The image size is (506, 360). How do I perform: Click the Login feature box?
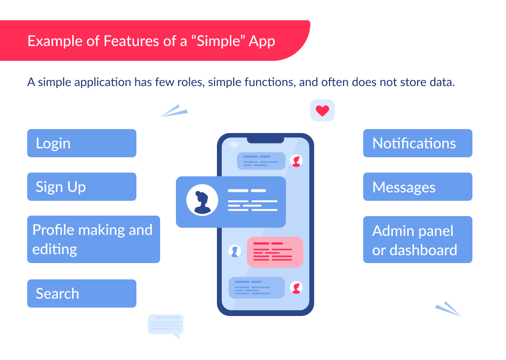(x=82, y=143)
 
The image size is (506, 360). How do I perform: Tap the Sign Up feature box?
(x=82, y=187)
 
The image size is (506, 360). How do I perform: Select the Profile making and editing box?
(x=93, y=239)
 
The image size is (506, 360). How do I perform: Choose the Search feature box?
(x=82, y=294)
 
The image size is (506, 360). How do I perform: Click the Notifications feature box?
(x=418, y=143)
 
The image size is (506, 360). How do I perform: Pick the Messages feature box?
(x=418, y=187)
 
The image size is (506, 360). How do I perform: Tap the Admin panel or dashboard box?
(x=418, y=240)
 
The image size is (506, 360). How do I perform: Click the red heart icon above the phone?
(x=322, y=111)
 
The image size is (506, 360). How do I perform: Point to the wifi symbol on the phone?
(x=234, y=144)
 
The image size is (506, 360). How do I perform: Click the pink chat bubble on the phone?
(x=275, y=252)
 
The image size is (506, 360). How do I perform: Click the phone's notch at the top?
(x=265, y=139)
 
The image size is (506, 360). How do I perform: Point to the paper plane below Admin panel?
(x=448, y=309)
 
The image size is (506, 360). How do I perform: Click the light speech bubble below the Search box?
(x=166, y=325)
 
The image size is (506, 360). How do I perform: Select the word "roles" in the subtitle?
(x=190, y=82)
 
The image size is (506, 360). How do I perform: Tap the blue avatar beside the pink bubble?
(x=235, y=251)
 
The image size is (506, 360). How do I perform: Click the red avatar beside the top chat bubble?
(x=296, y=161)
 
